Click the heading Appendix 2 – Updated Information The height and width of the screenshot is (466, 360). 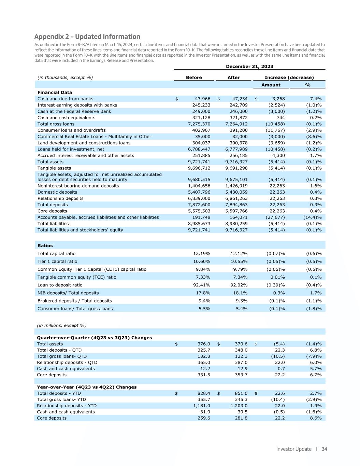coord(87,37)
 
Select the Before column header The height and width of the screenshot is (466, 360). coord(194,77)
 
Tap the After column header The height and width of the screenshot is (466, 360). coord(233,77)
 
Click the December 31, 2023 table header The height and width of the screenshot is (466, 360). coord(249,67)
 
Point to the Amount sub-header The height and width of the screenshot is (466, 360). coord(271,85)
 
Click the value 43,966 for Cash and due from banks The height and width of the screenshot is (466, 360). coord(201,99)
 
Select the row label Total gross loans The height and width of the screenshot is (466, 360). coord(56,124)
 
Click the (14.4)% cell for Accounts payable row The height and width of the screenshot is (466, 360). coord(313,217)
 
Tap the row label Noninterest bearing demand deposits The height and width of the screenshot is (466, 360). coord(78,186)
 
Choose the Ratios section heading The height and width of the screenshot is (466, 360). coord(45,245)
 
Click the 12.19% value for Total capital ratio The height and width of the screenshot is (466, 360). coord(202,253)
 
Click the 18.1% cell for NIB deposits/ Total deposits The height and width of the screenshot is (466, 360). coord(240,293)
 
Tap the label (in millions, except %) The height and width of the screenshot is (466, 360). coord(61,325)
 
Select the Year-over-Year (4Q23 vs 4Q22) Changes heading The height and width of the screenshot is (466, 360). coord(87,387)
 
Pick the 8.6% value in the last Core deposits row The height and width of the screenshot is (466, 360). coord(316,418)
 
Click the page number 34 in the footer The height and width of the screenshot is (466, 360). coord(324,449)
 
